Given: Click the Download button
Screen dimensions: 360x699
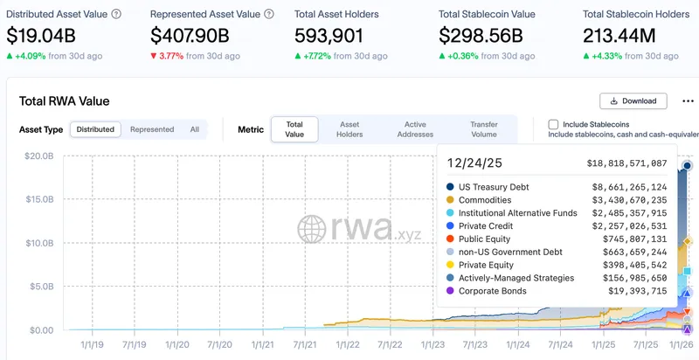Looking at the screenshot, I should (x=633, y=101).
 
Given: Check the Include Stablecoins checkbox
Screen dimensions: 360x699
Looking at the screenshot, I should (x=553, y=125).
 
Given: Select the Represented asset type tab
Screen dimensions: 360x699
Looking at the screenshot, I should (x=152, y=129).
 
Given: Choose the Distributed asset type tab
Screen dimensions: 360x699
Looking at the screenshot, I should (x=95, y=129).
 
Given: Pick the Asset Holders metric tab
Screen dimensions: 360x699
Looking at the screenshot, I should (x=349, y=129).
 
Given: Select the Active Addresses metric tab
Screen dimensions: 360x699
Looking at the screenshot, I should (x=415, y=129).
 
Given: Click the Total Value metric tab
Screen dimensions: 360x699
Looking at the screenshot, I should (x=294, y=129).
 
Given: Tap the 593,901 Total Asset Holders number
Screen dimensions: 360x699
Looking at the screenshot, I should (x=335, y=36).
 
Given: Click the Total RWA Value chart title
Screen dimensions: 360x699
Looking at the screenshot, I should (x=65, y=101).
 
